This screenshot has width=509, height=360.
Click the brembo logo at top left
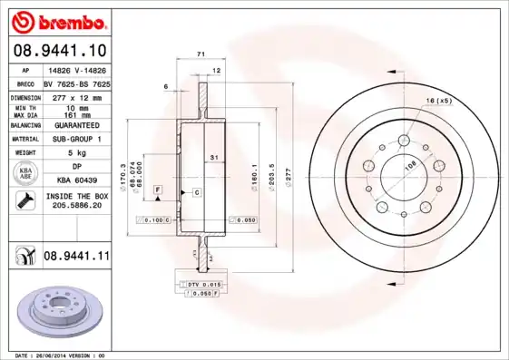point(59,20)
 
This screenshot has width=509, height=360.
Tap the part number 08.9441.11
point(76,257)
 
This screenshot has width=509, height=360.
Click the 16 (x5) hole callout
point(438,101)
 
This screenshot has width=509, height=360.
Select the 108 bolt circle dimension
point(409,167)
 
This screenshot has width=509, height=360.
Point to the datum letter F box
point(158,188)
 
